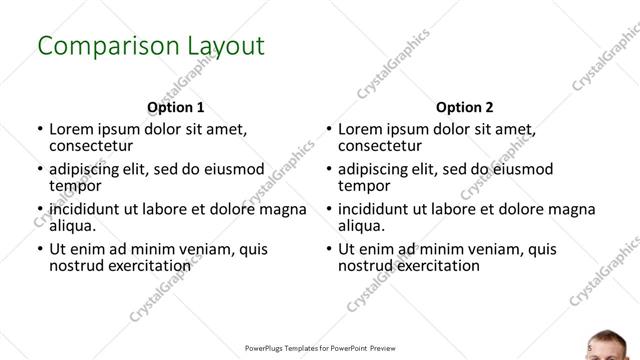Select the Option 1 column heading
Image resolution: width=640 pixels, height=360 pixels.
click(x=176, y=107)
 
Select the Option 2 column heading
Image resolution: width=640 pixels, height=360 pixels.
click(x=465, y=107)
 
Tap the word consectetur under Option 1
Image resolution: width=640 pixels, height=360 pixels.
click(x=91, y=146)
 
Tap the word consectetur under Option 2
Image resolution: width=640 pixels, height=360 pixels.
click(x=380, y=146)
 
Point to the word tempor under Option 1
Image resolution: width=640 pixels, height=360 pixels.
click(x=75, y=186)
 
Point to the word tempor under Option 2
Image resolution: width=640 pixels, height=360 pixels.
click(x=364, y=186)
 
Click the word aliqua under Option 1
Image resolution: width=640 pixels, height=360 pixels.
click(x=73, y=227)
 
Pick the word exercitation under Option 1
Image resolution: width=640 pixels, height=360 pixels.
click(x=140, y=266)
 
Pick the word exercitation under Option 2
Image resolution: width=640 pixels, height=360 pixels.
click(x=429, y=266)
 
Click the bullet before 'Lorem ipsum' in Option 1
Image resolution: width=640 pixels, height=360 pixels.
click(x=39, y=130)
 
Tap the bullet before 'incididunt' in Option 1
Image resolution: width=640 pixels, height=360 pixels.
click(x=39, y=210)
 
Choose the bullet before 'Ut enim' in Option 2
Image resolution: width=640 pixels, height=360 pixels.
click(x=328, y=249)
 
